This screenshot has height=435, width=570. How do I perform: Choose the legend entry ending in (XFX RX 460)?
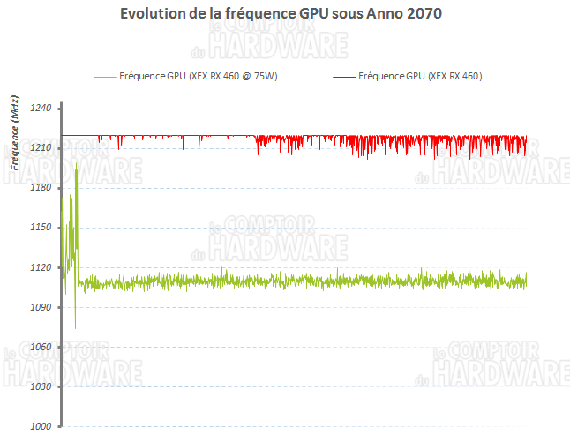(420, 77)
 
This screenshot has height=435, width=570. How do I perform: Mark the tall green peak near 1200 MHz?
(77, 164)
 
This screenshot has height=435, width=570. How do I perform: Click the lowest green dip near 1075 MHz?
(75, 327)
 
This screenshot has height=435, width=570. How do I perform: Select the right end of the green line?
(526, 281)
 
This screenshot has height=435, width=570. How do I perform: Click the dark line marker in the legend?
(344, 78)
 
